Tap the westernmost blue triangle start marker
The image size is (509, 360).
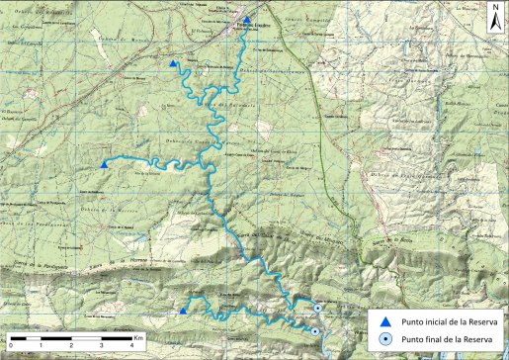[105, 164]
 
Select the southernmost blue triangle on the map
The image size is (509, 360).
[183, 311]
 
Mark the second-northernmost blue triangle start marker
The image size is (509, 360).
[174, 64]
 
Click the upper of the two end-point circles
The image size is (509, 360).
[317, 309]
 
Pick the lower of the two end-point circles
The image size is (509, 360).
[314, 331]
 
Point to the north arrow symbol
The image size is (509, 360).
[493, 20]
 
